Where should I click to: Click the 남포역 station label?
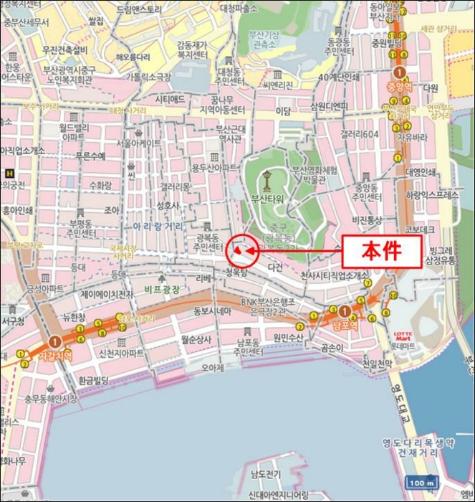tap(345, 326)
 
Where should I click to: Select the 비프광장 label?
tap(162, 289)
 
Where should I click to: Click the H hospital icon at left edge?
tap(9, 173)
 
